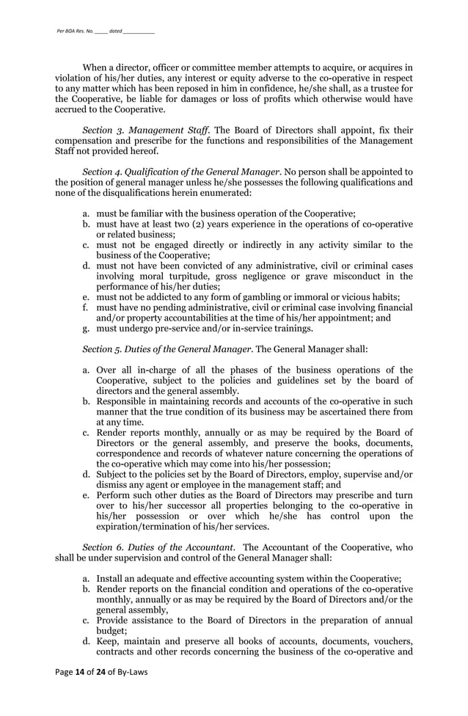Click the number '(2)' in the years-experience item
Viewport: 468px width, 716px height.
coord(200,224)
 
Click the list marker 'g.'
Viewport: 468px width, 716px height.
coord(86,329)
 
